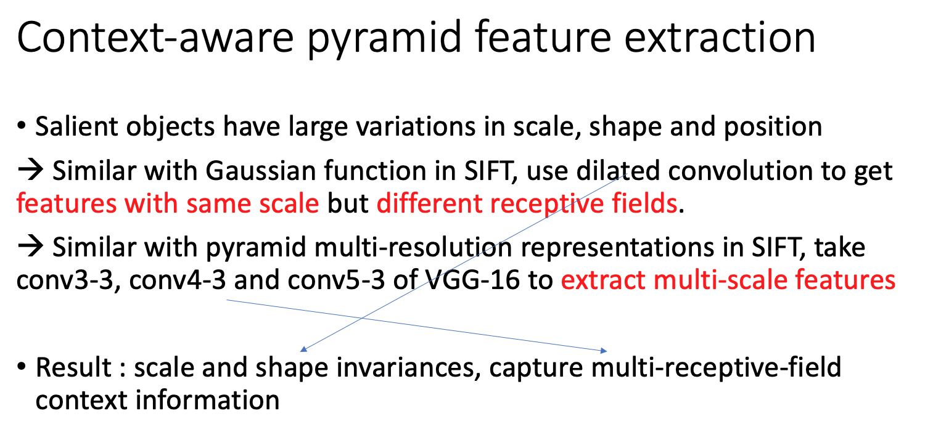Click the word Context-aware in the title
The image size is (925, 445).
click(x=155, y=38)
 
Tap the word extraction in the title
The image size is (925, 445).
click(x=720, y=38)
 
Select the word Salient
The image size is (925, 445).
click(x=76, y=126)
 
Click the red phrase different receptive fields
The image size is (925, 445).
click(x=527, y=204)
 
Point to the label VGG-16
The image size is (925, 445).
click(x=472, y=280)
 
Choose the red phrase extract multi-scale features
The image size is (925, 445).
click(x=728, y=280)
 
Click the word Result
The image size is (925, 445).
click(x=73, y=367)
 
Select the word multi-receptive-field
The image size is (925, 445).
click(x=716, y=367)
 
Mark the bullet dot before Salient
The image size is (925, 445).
click(x=22, y=126)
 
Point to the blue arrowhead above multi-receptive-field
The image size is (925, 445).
click(x=604, y=351)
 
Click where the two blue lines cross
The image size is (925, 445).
click(x=362, y=318)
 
